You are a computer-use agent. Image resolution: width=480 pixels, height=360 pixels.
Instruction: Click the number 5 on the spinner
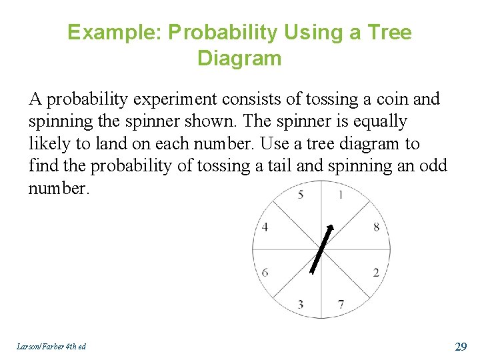(x=301, y=195)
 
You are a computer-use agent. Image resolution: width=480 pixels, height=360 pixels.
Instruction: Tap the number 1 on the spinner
(x=341, y=195)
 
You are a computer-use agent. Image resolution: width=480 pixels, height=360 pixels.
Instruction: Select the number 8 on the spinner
(x=376, y=227)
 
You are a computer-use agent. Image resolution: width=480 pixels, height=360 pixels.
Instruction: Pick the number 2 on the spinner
(x=376, y=272)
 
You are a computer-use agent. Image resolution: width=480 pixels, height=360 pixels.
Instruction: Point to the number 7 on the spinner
(x=341, y=305)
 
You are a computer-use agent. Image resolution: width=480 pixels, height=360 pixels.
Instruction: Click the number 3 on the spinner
(x=301, y=305)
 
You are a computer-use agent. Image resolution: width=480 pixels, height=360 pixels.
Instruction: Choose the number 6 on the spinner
(x=265, y=272)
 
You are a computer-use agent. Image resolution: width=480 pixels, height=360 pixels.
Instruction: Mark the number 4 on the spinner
(x=265, y=227)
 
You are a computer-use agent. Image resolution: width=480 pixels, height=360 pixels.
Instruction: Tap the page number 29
(x=460, y=346)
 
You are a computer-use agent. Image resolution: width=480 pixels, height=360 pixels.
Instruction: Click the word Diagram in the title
(x=239, y=59)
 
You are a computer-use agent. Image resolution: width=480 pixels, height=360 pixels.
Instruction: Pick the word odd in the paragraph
(x=433, y=165)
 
